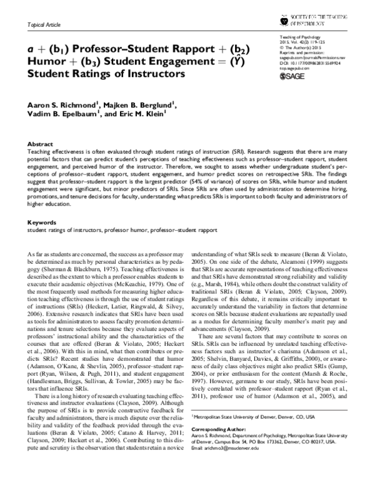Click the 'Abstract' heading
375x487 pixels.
41,144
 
